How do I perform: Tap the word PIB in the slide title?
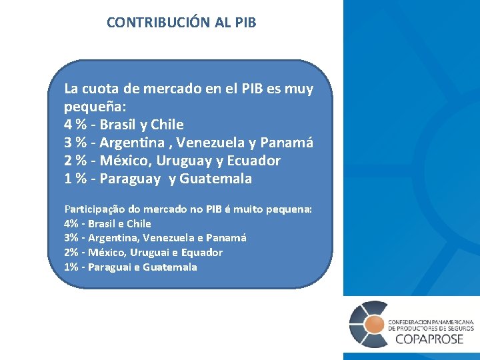tap(245, 22)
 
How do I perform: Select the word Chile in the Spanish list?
tap(167, 125)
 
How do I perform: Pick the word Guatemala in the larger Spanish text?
tap(216, 179)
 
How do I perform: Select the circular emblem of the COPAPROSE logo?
tap(368, 325)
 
